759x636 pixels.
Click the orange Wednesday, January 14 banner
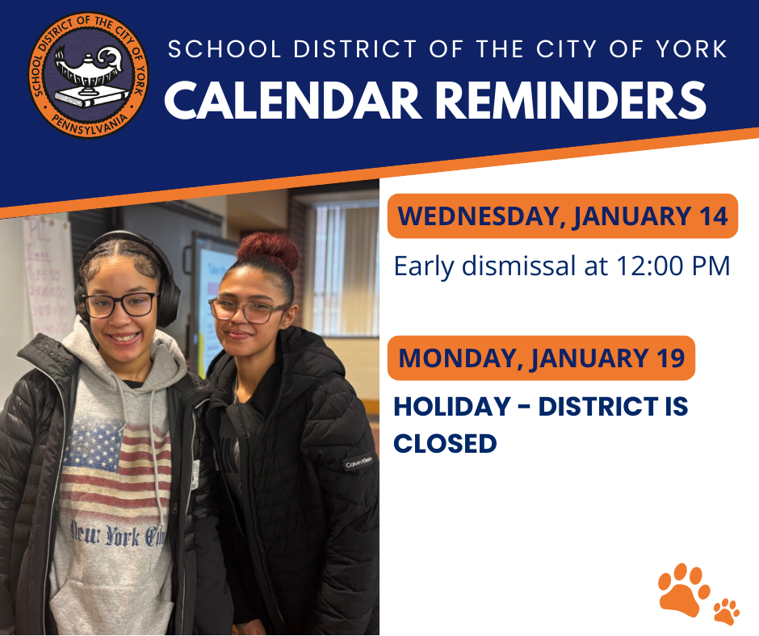click(563, 216)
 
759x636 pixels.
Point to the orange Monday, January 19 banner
click(541, 358)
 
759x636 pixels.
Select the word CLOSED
click(445, 443)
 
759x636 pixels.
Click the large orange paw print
click(683, 589)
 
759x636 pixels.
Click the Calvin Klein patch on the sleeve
click(358, 463)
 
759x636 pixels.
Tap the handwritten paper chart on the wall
click(48, 274)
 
